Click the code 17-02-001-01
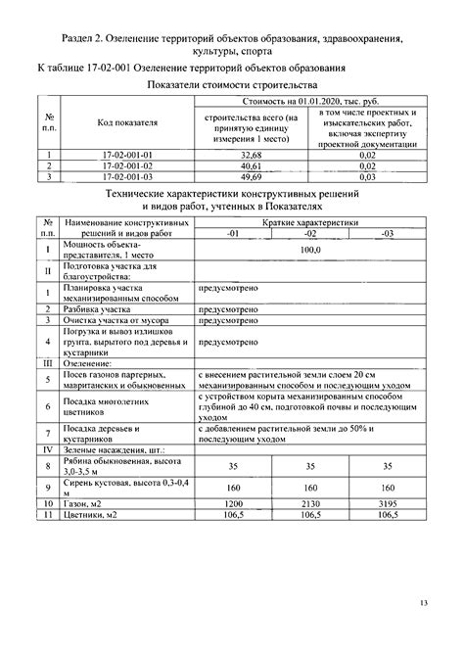point(128,155)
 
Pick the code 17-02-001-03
point(128,176)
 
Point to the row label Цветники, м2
point(90,515)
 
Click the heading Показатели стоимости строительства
point(232,86)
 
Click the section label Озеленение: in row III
point(89,362)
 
